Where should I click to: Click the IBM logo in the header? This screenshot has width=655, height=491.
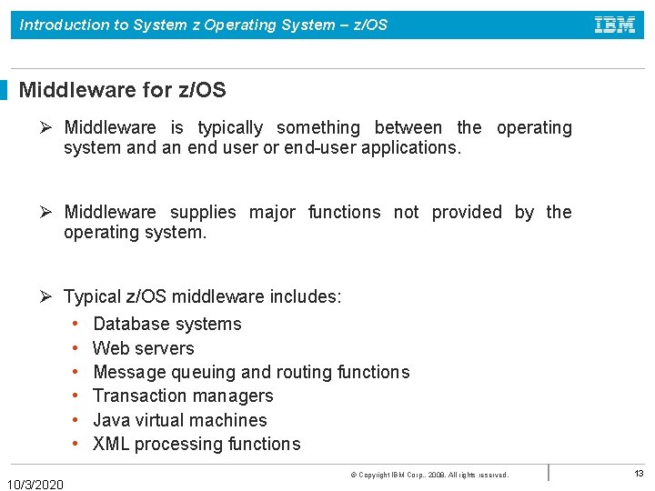click(615, 25)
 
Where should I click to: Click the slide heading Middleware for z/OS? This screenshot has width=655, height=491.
click(122, 90)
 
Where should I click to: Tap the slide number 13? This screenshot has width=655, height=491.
click(639, 474)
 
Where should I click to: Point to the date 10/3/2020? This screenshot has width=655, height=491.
click(35, 484)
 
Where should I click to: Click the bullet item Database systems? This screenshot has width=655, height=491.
click(167, 324)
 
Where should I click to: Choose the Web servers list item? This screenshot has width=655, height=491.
click(144, 348)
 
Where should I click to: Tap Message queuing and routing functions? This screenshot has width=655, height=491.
click(251, 372)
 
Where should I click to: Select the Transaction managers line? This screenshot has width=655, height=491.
click(183, 396)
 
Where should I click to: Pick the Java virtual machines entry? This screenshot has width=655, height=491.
click(180, 420)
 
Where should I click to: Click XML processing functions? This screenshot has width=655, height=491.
click(196, 444)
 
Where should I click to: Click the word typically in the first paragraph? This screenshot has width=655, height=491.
click(230, 128)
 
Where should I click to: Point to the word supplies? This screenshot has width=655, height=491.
click(203, 212)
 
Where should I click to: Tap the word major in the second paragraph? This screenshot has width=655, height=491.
click(272, 212)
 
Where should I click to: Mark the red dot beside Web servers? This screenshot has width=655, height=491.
click(74, 348)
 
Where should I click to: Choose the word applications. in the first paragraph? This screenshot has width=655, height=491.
click(411, 147)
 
